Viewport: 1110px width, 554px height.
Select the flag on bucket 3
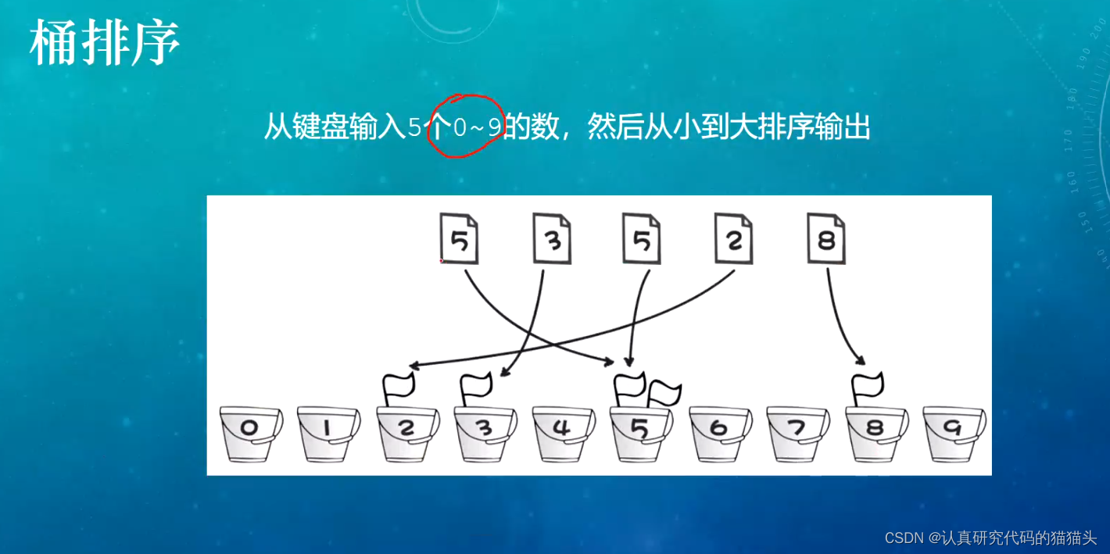coord(475,387)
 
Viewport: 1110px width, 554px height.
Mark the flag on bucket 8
coord(866,387)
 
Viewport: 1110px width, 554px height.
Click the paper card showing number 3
coord(552,238)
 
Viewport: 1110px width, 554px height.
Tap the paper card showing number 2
coord(733,238)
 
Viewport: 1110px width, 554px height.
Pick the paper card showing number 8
coord(825,238)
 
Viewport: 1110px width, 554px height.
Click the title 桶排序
coord(105,44)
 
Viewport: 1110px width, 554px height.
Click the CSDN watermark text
coord(990,538)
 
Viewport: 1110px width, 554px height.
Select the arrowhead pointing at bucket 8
coord(859,361)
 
